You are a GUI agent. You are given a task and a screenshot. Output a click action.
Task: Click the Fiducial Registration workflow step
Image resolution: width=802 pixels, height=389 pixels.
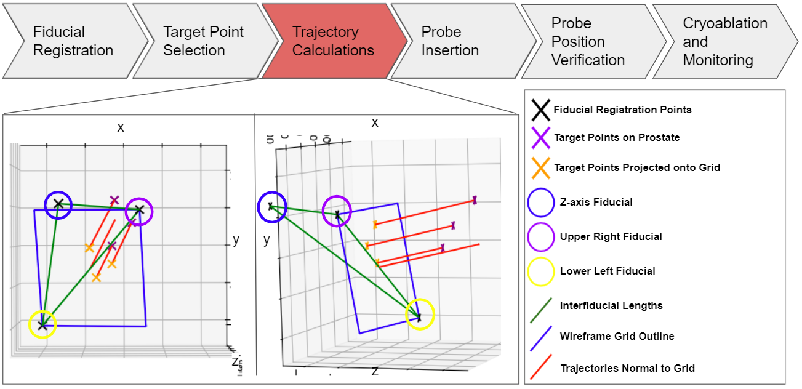point(73,41)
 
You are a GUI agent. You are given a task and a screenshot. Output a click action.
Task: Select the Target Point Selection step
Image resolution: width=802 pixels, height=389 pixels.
point(203,41)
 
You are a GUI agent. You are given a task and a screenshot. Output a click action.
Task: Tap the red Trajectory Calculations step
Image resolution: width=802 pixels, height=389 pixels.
point(333,41)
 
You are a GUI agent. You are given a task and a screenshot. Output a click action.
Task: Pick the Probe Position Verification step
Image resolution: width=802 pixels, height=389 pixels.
point(588,41)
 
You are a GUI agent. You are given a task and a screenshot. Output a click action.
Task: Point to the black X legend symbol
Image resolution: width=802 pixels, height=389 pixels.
point(540,110)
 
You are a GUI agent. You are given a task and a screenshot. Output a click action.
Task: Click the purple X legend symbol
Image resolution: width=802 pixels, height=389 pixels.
point(540,138)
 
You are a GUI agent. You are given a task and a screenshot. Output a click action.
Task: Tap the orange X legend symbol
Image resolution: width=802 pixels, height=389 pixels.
point(540,167)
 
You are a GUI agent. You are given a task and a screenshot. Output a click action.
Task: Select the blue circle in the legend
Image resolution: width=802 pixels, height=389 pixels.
point(540,203)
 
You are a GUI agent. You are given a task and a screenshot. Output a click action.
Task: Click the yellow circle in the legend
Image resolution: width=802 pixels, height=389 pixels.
point(540,271)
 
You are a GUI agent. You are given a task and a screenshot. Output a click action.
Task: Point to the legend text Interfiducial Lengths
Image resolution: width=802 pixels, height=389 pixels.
point(611,305)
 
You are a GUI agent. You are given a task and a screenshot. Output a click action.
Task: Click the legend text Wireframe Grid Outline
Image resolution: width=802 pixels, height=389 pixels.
point(617,336)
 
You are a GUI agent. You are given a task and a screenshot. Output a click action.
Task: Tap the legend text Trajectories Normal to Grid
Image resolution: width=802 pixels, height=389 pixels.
point(627,368)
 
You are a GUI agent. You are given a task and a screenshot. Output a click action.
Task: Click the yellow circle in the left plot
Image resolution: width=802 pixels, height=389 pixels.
point(42,324)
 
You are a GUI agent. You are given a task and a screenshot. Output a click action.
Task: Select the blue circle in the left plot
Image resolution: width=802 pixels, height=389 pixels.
point(58,204)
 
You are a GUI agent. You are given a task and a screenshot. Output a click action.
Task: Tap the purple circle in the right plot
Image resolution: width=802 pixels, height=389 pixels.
point(337,211)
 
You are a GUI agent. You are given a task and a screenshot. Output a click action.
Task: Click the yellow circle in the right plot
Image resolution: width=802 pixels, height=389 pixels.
point(420,315)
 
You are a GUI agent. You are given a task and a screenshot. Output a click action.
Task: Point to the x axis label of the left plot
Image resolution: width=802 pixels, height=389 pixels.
point(121,127)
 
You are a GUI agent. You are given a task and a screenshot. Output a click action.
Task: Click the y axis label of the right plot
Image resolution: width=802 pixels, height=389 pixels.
point(267,239)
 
